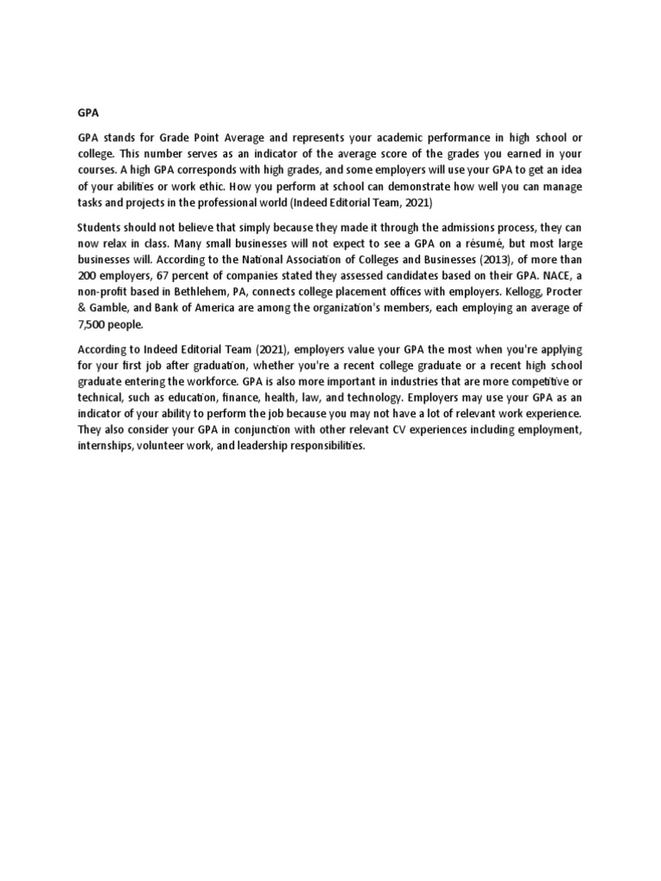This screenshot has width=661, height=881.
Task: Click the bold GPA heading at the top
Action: tap(88, 112)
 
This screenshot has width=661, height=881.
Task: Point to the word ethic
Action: tap(182, 185)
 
